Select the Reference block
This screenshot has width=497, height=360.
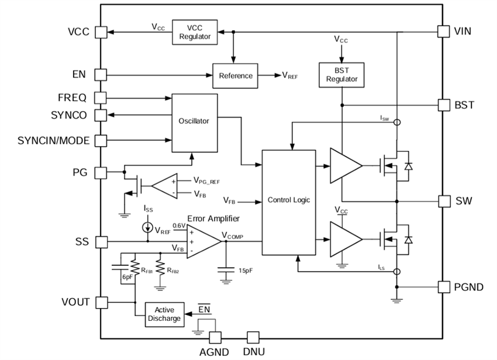coord(236,75)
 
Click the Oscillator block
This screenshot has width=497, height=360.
coord(194,121)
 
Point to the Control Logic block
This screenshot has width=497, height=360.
coord(288,200)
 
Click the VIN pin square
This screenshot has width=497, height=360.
coord(444,31)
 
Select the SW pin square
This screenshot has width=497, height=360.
coord(444,201)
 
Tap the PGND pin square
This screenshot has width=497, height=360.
coord(444,287)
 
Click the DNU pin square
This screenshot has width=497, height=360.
coord(253,337)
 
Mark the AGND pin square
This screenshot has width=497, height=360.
coord(215,337)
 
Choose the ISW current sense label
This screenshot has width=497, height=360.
coord(384,118)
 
